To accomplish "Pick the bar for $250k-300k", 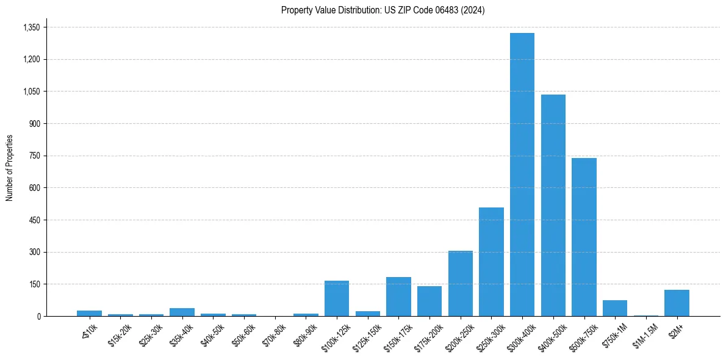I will pos(491,262).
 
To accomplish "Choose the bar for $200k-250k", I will pos(460,283).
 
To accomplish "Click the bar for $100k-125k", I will pos(336,298).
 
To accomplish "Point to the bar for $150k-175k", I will pos(398,297).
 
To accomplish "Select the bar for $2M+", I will pos(677,303).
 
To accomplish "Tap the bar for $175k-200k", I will pos(429,301).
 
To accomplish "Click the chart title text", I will pos(383,10).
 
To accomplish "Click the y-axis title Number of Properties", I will pos(10,168).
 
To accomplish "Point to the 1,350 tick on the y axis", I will pos(31,27).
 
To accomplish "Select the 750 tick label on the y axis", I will pos(34,156).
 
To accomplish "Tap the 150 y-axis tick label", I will pos(34,284).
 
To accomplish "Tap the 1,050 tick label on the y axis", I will pos(31,92).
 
